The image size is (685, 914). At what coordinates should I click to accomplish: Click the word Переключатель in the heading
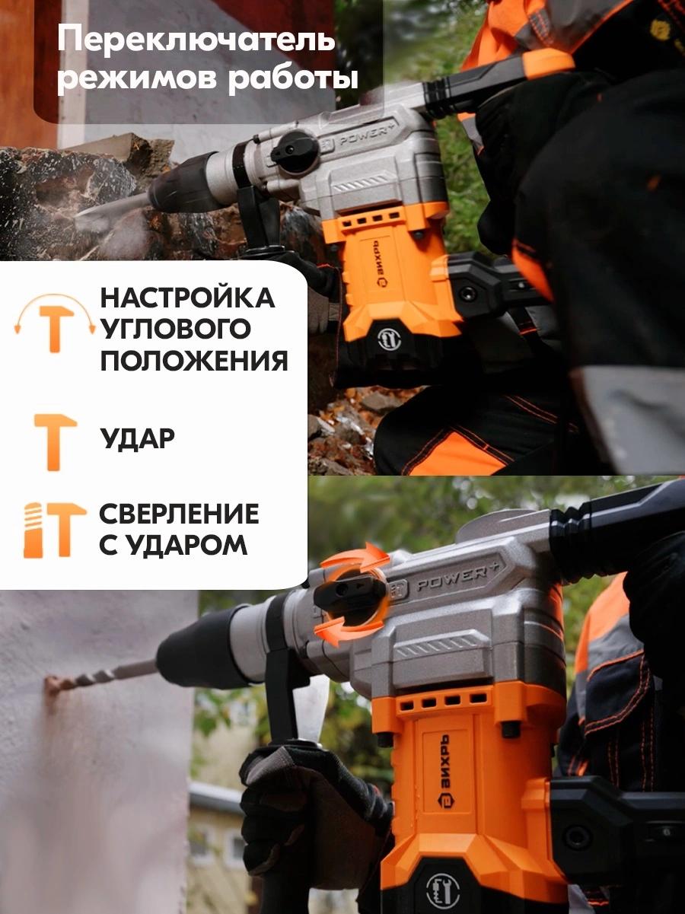pos(196,42)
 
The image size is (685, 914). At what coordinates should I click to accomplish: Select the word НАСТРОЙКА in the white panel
pos(187,298)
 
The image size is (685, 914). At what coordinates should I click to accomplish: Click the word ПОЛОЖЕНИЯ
pos(194,360)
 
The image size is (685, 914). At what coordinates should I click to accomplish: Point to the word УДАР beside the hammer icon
pos(138,438)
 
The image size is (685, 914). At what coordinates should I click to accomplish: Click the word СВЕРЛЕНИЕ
pos(179,514)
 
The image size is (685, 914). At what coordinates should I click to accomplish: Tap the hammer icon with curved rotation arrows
pos(56,323)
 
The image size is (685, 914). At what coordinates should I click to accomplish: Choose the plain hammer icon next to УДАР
pos(55,442)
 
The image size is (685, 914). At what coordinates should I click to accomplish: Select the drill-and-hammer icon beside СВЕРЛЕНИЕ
pos(55,530)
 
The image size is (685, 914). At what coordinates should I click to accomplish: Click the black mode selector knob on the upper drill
pos(294,151)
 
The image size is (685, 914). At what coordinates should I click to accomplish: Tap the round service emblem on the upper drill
pos(389,339)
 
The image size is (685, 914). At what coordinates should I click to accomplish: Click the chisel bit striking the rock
pos(114,207)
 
